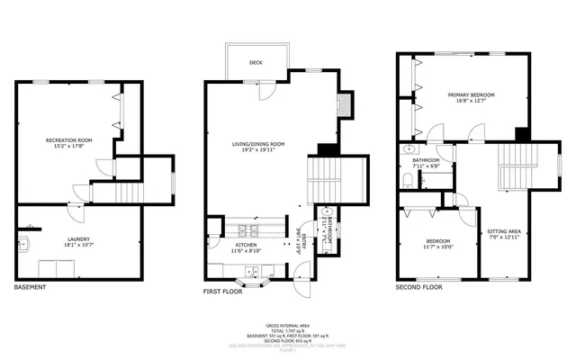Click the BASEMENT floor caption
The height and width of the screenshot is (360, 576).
pyautogui.click(x=31, y=288)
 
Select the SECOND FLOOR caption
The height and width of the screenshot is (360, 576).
pyautogui.click(x=419, y=288)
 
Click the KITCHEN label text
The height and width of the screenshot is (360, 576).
pyautogui.click(x=247, y=245)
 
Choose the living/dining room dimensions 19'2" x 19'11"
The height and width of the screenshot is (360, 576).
pyautogui.click(x=258, y=150)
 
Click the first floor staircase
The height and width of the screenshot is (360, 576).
pyautogui.click(x=326, y=180)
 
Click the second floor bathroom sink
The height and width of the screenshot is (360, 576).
pyautogui.click(x=409, y=150)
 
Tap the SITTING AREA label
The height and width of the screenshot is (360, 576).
pyautogui.click(x=503, y=231)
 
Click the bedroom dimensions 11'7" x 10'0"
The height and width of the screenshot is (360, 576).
pyautogui.click(x=439, y=248)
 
